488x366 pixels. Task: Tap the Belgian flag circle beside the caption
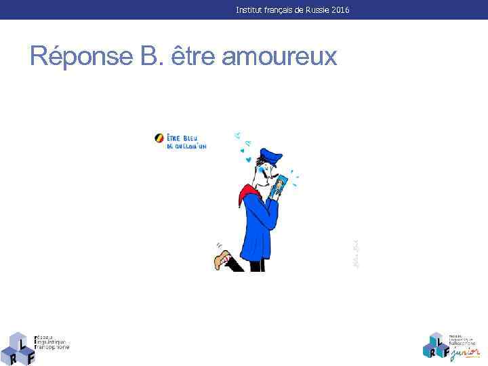160,138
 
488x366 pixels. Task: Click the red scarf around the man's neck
247,195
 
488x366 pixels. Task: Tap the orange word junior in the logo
464,352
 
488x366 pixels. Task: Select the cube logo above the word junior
436,344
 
